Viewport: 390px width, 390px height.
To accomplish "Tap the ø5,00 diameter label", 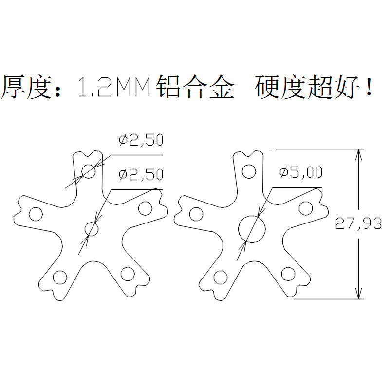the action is pyautogui.click(x=300, y=172).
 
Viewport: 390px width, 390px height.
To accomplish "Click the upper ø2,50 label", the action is pyautogui.click(x=141, y=141).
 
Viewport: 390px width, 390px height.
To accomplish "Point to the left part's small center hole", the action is pyautogui.click(x=91, y=228).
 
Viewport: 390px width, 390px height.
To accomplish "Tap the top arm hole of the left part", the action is pyautogui.click(x=89, y=171).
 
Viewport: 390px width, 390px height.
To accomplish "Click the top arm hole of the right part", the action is pyautogui.click(x=249, y=171).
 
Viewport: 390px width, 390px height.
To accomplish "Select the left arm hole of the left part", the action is pyautogui.click(x=36, y=214).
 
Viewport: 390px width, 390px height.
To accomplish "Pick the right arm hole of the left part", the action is pyautogui.click(x=145, y=208).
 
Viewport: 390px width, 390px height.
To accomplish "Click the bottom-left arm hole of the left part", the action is pyautogui.click(x=60, y=278).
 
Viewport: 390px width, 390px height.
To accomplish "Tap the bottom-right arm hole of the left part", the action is pyautogui.click(x=128, y=274).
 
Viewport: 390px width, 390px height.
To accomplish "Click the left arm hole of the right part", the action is pyautogui.click(x=196, y=214).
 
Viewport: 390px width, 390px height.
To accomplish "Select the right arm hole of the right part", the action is pyautogui.click(x=305, y=208).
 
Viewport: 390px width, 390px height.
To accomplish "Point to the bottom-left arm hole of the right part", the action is pyautogui.click(x=221, y=278).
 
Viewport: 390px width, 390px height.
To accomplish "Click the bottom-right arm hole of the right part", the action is pyautogui.click(x=288, y=274).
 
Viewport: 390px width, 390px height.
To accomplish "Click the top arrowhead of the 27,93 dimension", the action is pyautogui.click(x=359, y=154).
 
